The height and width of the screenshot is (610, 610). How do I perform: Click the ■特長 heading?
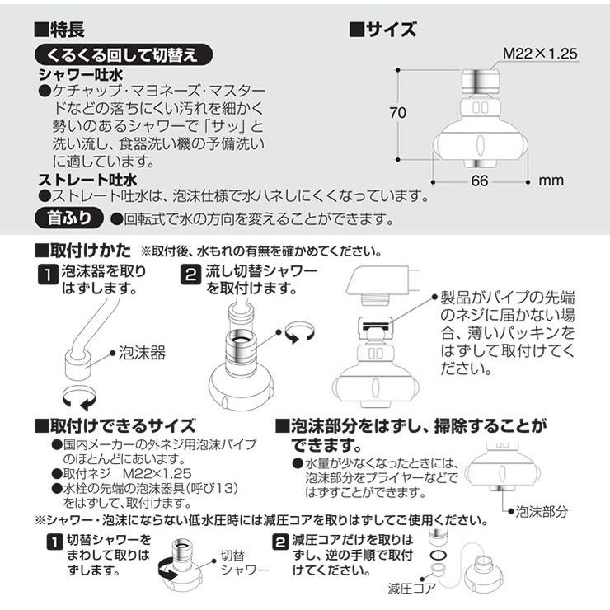point(59,30)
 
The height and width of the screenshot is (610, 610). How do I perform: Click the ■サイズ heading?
point(382,30)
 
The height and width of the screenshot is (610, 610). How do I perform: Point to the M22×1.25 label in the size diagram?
point(540,53)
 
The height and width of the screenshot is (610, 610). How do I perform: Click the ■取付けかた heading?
point(82,249)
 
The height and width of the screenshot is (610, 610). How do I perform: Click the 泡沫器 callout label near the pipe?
point(142,354)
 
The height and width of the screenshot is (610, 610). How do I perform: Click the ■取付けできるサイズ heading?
point(115,425)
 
